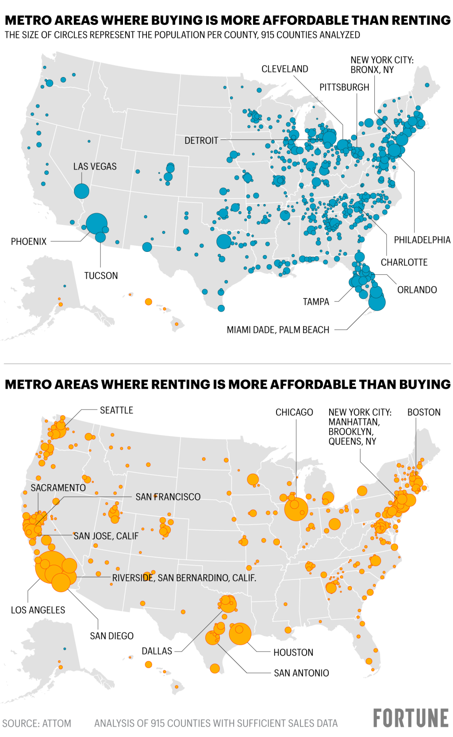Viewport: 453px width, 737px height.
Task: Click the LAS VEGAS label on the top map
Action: coord(95,166)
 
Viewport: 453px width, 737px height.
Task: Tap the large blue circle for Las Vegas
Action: coord(81,191)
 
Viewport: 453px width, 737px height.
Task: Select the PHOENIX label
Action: coord(29,242)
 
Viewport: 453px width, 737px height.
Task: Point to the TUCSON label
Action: coord(101,276)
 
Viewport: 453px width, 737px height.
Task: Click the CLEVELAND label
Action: coord(284,69)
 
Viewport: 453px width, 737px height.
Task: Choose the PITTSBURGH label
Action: coord(344,87)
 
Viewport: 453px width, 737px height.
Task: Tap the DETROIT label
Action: coord(201,140)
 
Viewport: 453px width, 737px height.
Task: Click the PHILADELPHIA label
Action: coord(422,240)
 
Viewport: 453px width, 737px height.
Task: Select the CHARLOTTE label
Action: coord(404,262)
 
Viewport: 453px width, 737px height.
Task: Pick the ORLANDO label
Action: coord(417,290)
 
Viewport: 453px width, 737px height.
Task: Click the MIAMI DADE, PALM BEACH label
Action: coord(278,330)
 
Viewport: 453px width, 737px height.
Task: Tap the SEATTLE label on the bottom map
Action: coord(116,410)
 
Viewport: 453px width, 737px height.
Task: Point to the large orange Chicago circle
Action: coord(296,509)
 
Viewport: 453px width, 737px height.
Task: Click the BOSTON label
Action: coord(424,412)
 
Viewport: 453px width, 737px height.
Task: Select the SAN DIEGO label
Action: coord(111,636)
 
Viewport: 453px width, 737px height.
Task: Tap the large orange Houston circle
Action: coord(240,634)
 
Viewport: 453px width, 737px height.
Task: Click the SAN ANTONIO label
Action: coord(301,673)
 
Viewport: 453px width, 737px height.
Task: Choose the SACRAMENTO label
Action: coord(58,488)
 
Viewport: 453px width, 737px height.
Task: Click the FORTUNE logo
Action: coord(411,718)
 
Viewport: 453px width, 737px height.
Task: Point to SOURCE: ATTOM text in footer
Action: coord(37,723)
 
